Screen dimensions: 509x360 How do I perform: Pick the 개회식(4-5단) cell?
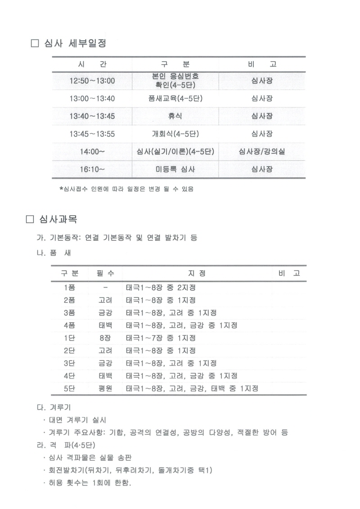click(x=175, y=134)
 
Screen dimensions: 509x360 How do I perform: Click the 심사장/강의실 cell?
click(x=261, y=152)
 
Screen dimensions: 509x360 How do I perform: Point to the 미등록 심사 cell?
click(x=175, y=170)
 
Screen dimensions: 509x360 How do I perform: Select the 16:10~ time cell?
click(x=92, y=170)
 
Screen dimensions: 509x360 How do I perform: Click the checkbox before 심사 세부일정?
click(x=35, y=44)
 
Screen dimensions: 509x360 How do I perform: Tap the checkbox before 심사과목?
click(x=31, y=220)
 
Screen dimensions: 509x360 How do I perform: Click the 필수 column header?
click(x=105, y=273)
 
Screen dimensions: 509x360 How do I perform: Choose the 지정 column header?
click(x=197, y=273)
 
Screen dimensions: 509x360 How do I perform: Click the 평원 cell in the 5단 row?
click(x=105, y=388)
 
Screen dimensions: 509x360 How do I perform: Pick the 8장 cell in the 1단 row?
click(x=105, y=338)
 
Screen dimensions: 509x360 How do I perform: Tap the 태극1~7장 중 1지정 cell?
click(x=161, y=338)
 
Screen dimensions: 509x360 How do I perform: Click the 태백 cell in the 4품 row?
click(x=105, y=325)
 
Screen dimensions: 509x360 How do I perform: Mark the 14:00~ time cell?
click(x=92, y=152)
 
